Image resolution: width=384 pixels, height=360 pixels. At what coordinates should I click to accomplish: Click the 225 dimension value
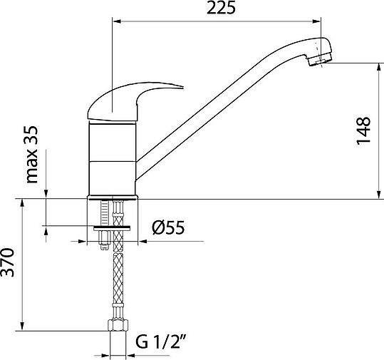[x=221, y=8]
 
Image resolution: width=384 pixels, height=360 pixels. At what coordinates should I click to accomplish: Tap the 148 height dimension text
[x=363, y=131]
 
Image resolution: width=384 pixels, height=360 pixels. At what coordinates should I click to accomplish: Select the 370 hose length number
[x=7, y=262]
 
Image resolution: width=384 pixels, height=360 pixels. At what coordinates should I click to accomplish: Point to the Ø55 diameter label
[x=168, y=227]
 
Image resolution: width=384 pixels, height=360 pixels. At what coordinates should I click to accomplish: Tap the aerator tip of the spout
[x=320, y=60]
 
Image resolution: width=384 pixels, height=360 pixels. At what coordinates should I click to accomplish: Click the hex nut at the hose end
[x=118, y=325]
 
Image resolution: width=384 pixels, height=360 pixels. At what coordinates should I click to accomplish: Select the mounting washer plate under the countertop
[x=112, y=228]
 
